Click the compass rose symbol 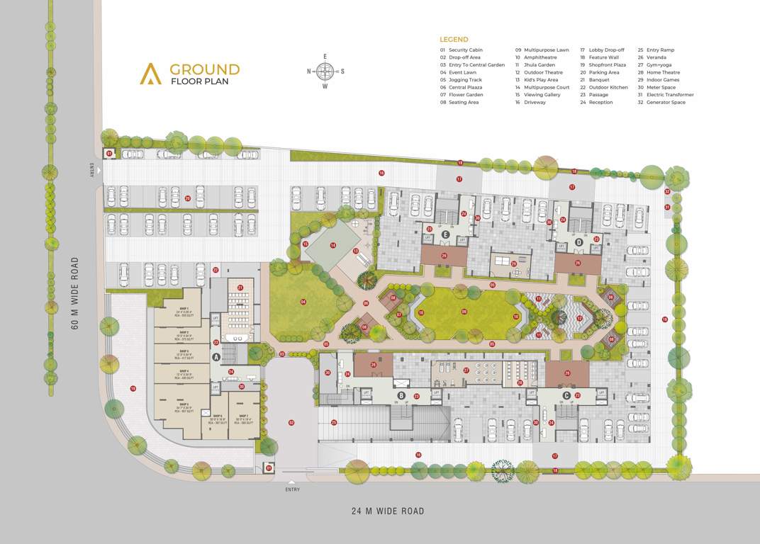pyautogui.click(x=325, y=71)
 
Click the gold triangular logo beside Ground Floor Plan pyautogui.click(x=150, y=74)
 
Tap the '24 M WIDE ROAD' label pyautogui.click(x=388, y=511)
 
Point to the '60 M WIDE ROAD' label pyautogui.click(x=75, y=292)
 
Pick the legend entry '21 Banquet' pyautogui.click(x=594, y=80)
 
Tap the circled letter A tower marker pyautogui.click(x=216, y=358)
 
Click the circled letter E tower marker pyautogui.click(x=446, y=234)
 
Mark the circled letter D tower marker pyautogui.click(x=579, y=242)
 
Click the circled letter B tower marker pyautogui.click(x=401, y=395)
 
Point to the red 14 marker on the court pyautogui.click(x=332, y=245)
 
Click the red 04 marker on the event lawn pyautogui.click(x=303, y=302)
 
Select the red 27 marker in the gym pyautogui.click(x=466, y=370)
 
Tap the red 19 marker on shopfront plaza pyautogui.click(x=133, y=388)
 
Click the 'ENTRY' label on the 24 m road pyautogui.click(x=292, y=489)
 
